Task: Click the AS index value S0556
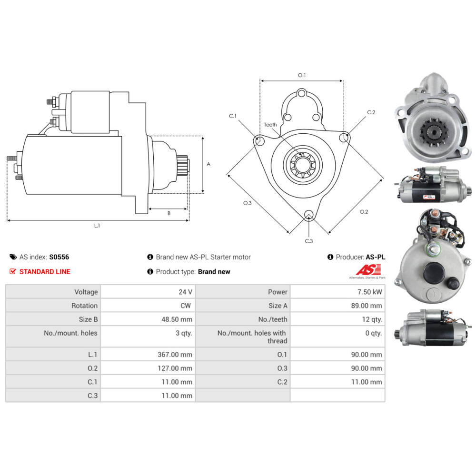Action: tap(59, 257)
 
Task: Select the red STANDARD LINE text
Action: tap(45, 272)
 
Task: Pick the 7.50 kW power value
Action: tap(369, 292)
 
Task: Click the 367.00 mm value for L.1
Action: tap(175, 355)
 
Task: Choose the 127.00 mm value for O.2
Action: tap(175, 368)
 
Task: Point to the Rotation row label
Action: tap(84, 306)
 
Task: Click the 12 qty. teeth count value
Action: tap(372, 319)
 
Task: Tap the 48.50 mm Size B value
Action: tap(177, 319)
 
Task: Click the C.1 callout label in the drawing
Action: tap(233, 116)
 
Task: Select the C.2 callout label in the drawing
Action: tap(371, 112)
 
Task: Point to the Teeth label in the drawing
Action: tap(270, 125)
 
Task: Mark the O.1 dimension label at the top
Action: tap(302, 75)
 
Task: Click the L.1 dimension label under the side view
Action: tap(97, 226)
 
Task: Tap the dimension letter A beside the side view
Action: tap(208, 164)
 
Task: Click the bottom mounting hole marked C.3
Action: tap(309, 214)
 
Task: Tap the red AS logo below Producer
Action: tap(368, 269)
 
